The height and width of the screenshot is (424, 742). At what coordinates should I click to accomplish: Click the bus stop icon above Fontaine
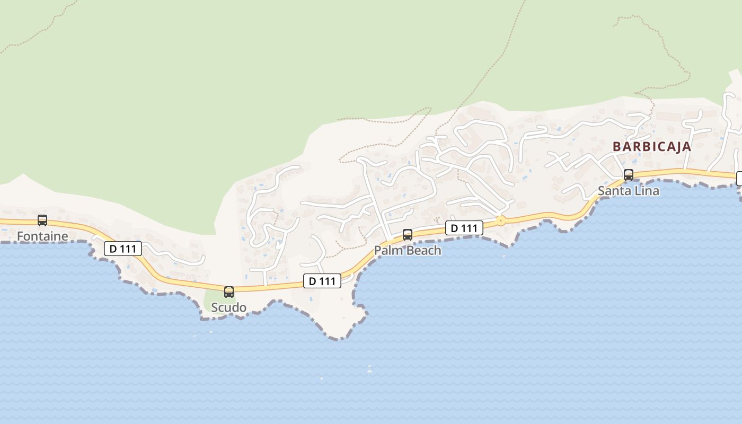coord(42,220)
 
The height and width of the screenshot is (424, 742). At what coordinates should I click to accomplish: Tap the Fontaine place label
coord(42,236)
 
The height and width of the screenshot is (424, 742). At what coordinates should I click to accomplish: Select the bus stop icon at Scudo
coord(229,291)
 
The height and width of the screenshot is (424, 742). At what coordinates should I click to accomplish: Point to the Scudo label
coord(229,307)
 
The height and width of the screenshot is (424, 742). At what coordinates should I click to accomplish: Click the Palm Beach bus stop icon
coord(408,234)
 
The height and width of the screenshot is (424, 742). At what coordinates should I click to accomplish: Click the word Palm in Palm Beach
coord(386,250)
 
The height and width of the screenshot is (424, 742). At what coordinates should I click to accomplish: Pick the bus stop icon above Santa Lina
coord(629,174)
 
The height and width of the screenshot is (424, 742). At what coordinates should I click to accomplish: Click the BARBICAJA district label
coord(652,147)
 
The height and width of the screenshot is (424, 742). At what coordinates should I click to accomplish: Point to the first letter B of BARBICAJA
coord(617,147)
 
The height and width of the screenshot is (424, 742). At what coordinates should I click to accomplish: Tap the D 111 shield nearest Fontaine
coord(123,249)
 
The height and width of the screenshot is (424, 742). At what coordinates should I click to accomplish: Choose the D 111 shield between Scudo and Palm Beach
coord(322,281)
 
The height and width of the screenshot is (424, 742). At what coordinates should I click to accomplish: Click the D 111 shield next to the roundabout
coord(464,228)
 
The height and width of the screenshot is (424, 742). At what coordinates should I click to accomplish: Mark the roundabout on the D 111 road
coord(500,220)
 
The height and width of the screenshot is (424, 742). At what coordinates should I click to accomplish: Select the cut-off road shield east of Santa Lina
coord(739,179)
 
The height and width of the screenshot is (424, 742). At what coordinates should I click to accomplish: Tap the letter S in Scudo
coord(215,307)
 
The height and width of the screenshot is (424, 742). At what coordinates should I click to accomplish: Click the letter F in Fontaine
coord(20,236)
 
